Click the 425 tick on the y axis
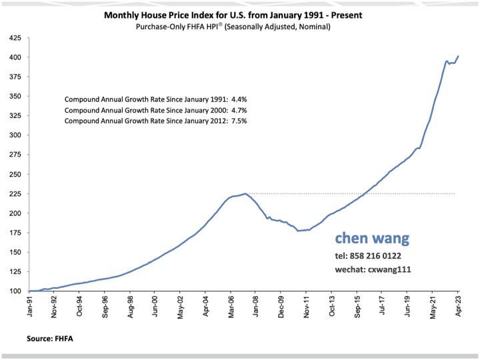(14, 38)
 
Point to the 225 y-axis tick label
(14, 194)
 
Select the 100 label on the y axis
(14, 291)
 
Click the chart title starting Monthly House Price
(239, 14)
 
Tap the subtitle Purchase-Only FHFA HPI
(239, 26)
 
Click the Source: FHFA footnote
(51, 339)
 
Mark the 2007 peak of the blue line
(245, 193)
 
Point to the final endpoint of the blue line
(458, 56)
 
